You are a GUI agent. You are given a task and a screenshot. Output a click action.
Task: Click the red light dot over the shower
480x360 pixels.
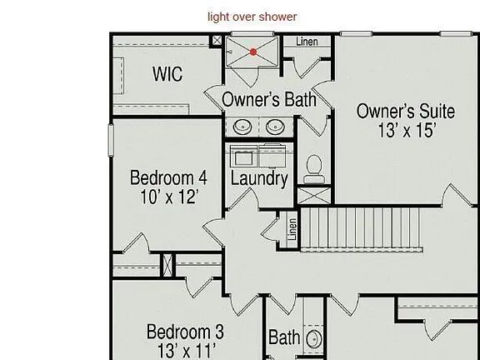click(253, 52)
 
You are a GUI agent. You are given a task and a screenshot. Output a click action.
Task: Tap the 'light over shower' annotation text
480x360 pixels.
click(252, 17)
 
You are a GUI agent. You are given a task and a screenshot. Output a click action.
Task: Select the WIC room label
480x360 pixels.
click(167, 74)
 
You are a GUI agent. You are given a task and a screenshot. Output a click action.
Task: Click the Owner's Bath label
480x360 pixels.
click(269, 99)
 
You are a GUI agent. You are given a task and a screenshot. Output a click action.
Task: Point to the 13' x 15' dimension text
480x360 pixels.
click(407, 130)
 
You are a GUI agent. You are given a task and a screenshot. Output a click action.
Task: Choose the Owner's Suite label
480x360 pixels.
click(406, 111)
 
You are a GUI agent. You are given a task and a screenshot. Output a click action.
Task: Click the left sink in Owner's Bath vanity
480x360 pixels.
click(242, 127)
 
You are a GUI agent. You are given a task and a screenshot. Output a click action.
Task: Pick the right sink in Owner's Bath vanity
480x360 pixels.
click(275, 127)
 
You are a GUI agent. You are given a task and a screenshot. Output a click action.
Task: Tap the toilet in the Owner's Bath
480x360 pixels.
click(314, 169)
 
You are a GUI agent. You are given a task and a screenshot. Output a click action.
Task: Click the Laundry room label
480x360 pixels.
click(259, 179)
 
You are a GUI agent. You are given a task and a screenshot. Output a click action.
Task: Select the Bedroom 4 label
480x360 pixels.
click(168, 177)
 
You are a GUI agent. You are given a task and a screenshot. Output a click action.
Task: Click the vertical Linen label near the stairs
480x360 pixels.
click(292, 229)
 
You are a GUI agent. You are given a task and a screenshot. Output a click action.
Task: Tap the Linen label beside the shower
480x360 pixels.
click(307, 42)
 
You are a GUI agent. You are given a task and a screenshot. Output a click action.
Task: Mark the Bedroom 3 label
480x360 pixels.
click(185, 332)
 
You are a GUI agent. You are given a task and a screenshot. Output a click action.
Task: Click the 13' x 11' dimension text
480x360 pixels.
click(187, 351)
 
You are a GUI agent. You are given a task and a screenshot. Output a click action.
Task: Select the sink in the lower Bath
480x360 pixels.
click(314, 339)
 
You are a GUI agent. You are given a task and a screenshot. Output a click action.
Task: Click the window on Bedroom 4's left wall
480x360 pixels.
click(111, 140)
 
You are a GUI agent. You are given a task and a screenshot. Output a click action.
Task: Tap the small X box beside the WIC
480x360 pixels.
click(217, 40)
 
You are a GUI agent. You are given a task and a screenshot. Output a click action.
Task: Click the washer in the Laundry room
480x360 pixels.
click(243, 156)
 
